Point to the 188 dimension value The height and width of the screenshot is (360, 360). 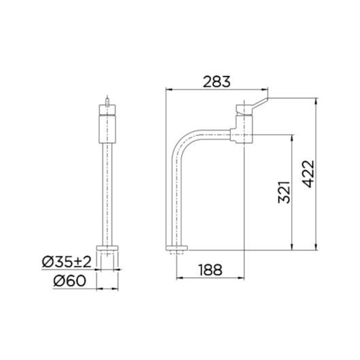pyautogui.click(x=210, y=270)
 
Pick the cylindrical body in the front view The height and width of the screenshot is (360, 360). pyautogui.click(x=109, y=127)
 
